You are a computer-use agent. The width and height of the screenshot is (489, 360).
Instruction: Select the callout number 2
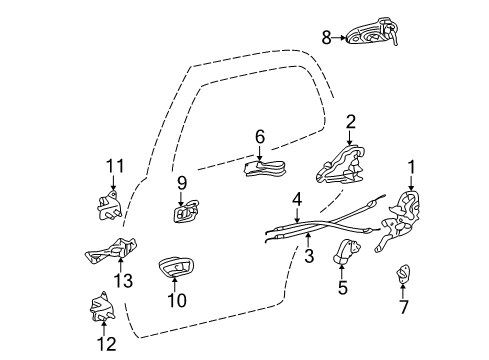coord(350,123)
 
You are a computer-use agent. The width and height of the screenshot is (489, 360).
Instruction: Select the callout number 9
coord(183,183)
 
